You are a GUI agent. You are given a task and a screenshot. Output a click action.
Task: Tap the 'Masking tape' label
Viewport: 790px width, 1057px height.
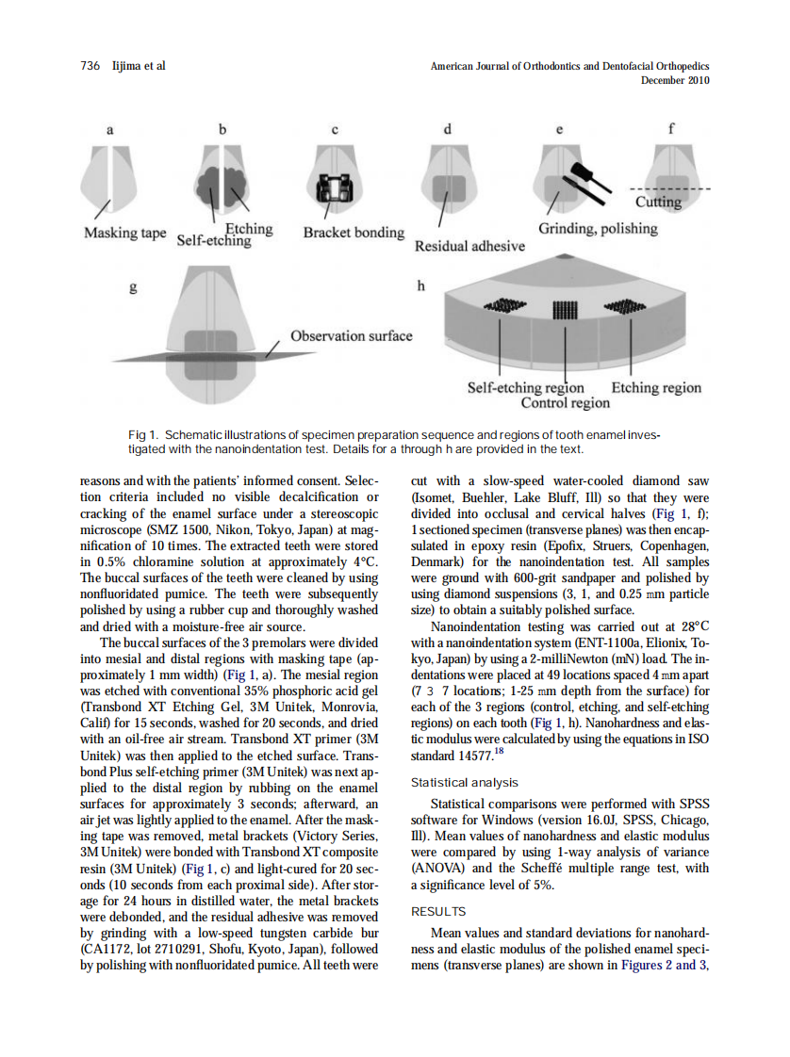coord(125,233)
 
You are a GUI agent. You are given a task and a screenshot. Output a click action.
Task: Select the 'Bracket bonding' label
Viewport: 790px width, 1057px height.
coord(354,232)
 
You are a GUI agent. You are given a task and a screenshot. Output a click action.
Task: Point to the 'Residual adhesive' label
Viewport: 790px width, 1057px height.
coord(469,246)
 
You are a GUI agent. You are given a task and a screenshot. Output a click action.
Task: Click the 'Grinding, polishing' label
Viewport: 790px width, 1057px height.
coord(598,228)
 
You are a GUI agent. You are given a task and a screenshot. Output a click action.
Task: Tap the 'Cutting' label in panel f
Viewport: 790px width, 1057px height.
coord(658,202)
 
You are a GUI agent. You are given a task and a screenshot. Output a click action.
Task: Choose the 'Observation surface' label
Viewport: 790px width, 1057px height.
coord(351,335)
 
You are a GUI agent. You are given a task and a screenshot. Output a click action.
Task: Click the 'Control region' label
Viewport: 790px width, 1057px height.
coord(566,402)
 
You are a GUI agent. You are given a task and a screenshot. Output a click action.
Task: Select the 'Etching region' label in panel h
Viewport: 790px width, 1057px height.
coord(656,387)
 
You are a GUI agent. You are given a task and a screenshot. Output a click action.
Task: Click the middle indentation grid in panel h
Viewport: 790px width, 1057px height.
coord(563,308)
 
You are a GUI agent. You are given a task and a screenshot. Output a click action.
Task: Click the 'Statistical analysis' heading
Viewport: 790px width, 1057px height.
coord(465,782)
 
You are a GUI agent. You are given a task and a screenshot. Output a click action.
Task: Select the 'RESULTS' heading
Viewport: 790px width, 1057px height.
coord(438,911)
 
